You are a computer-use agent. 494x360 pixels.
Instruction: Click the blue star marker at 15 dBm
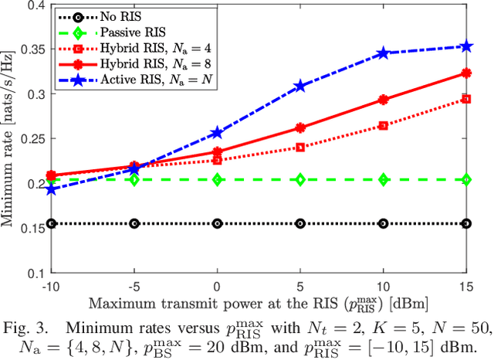466,46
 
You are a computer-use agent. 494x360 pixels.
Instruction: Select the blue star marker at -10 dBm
52,189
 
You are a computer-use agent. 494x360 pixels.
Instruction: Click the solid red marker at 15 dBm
466,73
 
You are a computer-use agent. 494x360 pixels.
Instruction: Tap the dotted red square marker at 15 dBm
466,99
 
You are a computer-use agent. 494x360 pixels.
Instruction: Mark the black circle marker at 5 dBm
300,223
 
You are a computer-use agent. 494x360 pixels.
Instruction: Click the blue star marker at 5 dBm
300,87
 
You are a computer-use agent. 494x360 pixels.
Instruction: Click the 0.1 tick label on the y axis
36,273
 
